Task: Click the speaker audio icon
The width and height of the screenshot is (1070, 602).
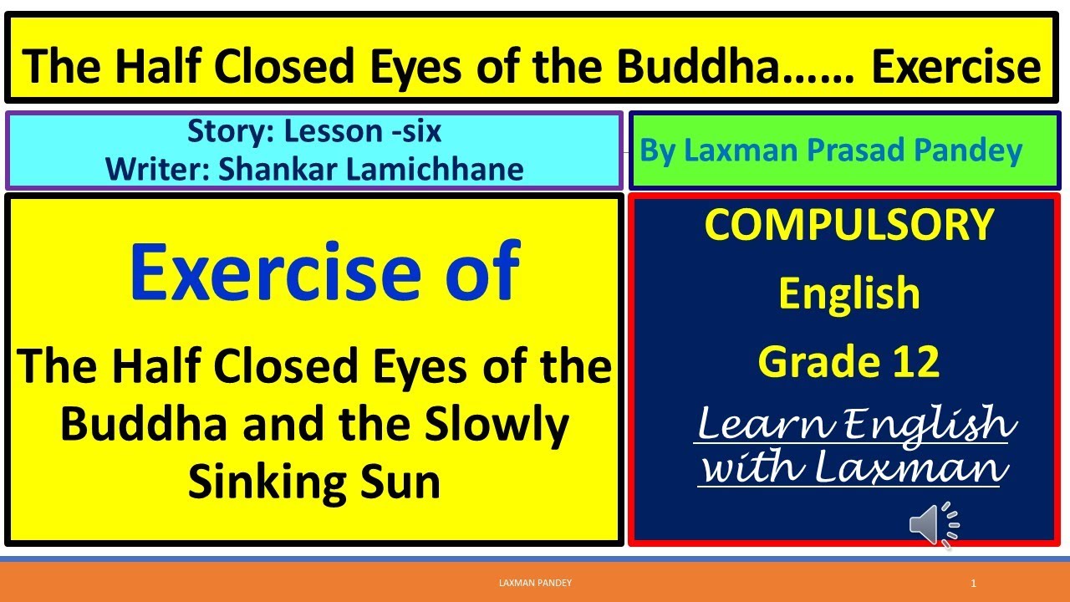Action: coord(933,524)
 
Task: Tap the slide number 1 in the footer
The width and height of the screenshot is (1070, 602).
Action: coord(974,583)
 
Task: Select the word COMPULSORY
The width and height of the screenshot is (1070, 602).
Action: coord(849,225)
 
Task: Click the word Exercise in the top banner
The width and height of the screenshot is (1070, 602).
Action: coord(956,67)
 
